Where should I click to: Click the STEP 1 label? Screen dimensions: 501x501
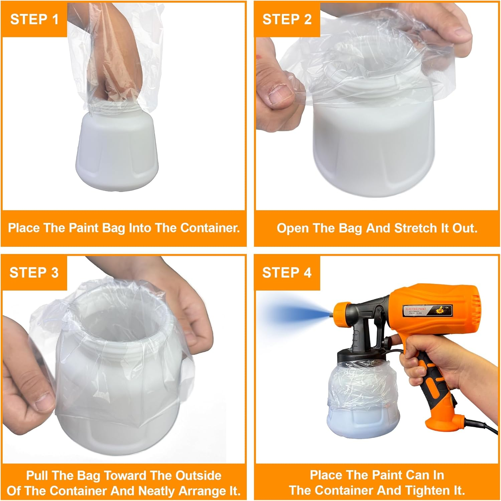pyautogui.click(x=34, y=19)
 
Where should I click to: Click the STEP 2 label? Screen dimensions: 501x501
pyautogui.click(x=287, y=19)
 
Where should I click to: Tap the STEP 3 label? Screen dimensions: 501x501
pyautogui.click(x=34, y=273)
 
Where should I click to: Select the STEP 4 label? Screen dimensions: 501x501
pyautogui.click(x=287, y=273)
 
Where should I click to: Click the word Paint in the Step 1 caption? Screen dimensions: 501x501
pyautogui.click(x=85, y=228)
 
